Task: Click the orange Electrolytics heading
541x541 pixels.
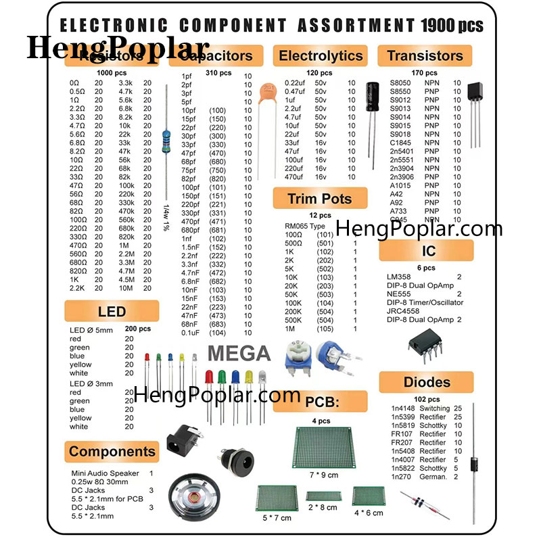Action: (321, 55)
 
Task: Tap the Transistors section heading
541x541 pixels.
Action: (425, 55)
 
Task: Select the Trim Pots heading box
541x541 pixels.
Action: (320, 199)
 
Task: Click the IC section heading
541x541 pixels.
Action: (429, 251)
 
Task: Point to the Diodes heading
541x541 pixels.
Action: (427, 382)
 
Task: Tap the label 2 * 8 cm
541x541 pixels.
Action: (322, 507)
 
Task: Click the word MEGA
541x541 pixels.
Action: (239, 354)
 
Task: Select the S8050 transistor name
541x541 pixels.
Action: (400, 83)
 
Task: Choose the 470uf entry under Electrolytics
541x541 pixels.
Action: (296, 177)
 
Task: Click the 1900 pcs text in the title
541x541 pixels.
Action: (452, 26)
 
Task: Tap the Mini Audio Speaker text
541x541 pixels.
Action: (105, 473)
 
